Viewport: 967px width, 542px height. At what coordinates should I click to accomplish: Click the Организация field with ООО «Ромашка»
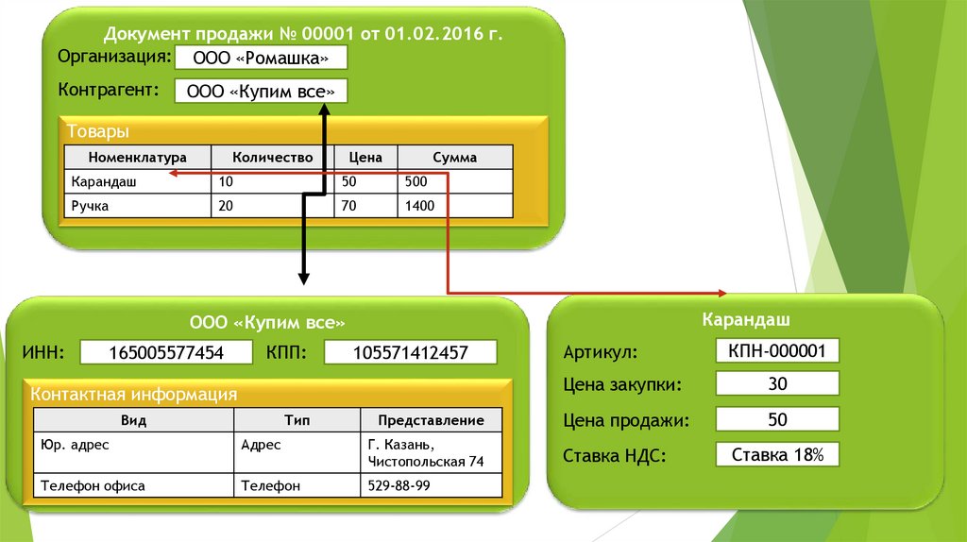[261, 58]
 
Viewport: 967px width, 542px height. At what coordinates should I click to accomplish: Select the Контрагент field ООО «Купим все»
[261, 91]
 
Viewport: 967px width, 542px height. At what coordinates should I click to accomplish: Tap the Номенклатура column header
[137, 158]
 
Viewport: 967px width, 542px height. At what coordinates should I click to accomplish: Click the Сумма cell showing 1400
[454, 205]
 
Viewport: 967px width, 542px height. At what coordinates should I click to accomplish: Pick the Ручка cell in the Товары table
[137, 205]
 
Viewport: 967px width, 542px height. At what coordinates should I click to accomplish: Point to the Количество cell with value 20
[272, 205]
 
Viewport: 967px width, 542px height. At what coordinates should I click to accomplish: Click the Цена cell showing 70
[365, 205]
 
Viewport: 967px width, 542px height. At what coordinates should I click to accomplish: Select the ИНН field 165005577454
[166, 353]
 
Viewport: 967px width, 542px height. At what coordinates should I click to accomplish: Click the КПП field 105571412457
[410, 353]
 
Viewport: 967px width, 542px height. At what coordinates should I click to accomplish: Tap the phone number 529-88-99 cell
[431, 485]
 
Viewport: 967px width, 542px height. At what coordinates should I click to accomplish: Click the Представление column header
[431, 420]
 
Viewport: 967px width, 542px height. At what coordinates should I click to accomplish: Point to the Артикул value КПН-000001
[777, 351]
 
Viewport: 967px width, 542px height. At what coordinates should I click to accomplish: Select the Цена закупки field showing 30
[777, 383]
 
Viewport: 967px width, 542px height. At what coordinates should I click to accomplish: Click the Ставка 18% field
[777, 455]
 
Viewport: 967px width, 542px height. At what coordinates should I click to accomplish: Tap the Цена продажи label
[626, 420]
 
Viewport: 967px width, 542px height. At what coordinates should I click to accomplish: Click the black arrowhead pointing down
[304, 278]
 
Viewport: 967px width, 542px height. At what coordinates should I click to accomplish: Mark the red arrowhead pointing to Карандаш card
[723, 293]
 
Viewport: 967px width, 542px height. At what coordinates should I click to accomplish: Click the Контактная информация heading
[133, 394]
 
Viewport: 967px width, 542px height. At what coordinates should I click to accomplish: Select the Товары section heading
[96, 131]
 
